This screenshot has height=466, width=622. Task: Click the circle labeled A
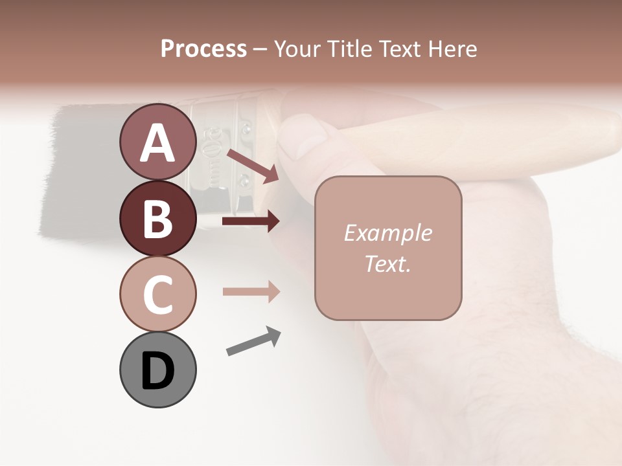point(157,142)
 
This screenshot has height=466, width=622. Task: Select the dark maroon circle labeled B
point(157,218)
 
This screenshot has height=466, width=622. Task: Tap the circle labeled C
point(157,294)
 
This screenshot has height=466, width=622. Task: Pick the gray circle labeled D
point(157,370)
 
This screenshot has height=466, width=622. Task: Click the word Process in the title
point(203,49)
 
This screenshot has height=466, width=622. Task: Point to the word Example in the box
point(387,233)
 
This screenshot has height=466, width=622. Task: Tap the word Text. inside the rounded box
point(387,263)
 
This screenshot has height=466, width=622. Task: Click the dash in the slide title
point(260,49)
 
